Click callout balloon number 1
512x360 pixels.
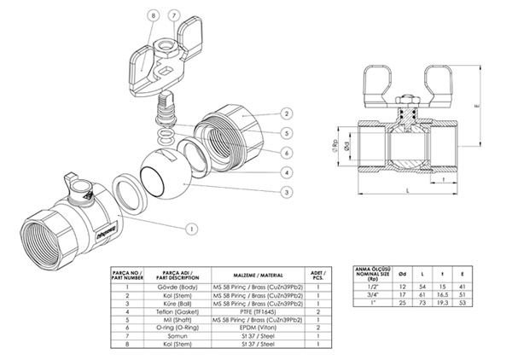coord(192,228)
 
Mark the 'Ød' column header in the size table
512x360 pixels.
coord(403,273)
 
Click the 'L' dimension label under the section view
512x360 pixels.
coord(409,192)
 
